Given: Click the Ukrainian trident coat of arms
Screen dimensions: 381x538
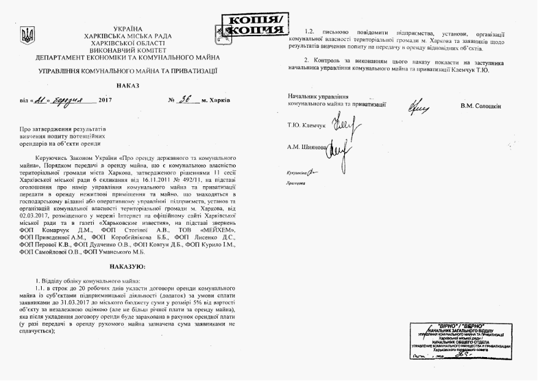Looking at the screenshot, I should (28, 36).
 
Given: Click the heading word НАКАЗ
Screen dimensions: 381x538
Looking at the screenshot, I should (128, 85).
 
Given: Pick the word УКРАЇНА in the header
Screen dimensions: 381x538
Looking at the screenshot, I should (128, 29).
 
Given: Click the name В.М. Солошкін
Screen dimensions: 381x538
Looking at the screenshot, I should (480, 106).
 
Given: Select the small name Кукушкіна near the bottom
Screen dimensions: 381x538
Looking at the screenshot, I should (298, 173).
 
